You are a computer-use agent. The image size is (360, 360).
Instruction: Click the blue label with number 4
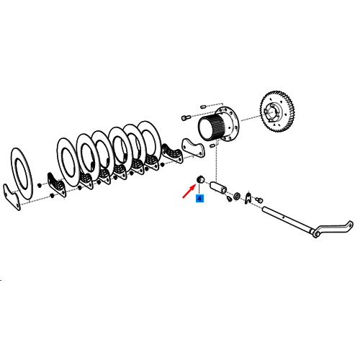coord(199,199)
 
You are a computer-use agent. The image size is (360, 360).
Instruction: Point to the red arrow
coord(189,192)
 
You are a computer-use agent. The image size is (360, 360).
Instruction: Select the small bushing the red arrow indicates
coord(200,179)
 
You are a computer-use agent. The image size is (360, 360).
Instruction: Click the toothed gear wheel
coord(277,112)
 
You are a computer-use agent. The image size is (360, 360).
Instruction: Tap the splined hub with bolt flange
coord(218,125)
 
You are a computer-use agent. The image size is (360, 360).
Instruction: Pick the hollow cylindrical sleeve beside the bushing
coord(218,187)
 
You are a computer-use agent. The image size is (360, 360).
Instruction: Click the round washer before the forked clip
coord(237,196)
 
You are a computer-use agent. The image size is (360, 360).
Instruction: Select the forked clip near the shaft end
coord(248,198)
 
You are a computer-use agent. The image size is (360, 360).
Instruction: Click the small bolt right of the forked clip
coord(259,199)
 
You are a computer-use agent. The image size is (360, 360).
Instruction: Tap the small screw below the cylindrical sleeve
coord(229,199)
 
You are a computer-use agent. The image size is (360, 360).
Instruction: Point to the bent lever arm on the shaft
coord(333,228)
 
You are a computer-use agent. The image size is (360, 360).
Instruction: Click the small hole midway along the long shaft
coord(284,217)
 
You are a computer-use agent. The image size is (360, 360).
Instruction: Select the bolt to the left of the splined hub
coord(186,118)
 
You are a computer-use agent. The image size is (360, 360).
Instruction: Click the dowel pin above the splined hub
coord(203,107)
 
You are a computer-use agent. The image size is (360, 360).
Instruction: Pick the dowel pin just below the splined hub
coord(213,145)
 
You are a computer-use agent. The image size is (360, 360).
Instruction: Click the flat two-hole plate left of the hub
coord(193,148)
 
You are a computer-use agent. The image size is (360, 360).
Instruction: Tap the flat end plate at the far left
coord(12,197)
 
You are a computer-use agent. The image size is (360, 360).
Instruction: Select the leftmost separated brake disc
coord(22,174)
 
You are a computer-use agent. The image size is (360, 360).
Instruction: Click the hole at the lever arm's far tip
coord(351,225)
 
